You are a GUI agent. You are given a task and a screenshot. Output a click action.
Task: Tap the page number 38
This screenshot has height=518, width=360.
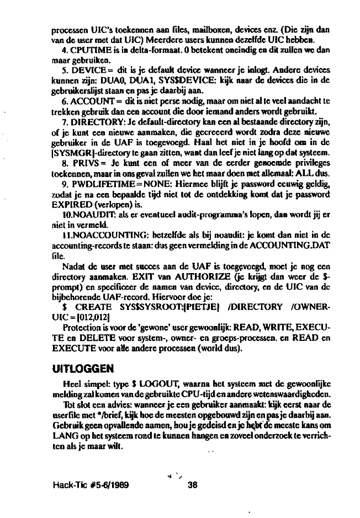[193, 485]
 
